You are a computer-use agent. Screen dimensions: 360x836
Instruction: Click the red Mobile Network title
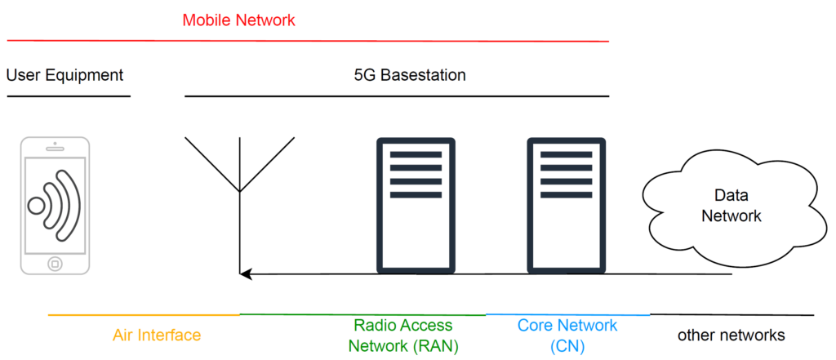point(238,20)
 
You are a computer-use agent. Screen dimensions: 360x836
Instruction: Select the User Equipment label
point(64,75)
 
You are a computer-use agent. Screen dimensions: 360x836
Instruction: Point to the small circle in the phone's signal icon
point(36,205)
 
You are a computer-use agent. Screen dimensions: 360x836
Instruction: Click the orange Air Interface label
point(157,335)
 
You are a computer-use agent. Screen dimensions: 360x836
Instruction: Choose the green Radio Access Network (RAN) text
point(403,336)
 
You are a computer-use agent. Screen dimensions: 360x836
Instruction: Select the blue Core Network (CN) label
point(567,335)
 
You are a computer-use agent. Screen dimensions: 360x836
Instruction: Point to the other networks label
point(731,335)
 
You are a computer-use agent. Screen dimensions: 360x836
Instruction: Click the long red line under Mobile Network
point(307,40)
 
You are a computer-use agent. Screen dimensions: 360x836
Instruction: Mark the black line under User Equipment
point(69,96)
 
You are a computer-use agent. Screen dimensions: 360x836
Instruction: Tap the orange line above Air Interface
point(144,314)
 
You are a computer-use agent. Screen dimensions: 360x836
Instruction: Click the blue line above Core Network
point(567,314)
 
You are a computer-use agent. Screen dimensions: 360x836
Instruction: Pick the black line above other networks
point(731,314)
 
